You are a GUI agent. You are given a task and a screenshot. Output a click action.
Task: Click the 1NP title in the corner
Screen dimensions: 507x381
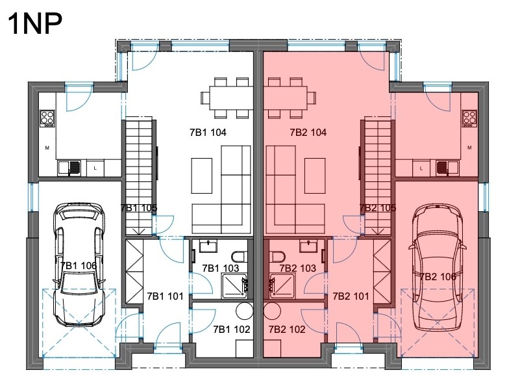coord(34,23)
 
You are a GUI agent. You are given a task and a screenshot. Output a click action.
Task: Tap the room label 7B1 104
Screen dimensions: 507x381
coord(208,132)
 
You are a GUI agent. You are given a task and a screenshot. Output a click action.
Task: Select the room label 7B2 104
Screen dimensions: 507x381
coord(308,132)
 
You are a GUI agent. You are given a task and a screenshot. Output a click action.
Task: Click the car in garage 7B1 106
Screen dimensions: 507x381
coord(79,265)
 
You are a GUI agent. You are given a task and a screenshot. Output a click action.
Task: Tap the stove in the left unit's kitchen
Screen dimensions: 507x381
coord(47,118)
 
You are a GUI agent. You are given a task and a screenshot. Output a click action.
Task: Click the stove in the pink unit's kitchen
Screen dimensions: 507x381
coord(469,118)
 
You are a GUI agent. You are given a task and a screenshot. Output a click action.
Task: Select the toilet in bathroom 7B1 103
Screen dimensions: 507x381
coord(239,256)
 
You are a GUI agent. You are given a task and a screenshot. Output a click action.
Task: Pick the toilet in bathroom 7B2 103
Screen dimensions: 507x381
coord(277,257)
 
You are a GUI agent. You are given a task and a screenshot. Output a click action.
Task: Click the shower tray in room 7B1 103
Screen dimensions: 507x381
coord(234,285)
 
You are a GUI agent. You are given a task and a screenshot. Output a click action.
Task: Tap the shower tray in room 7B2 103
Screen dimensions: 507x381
coord(282,285)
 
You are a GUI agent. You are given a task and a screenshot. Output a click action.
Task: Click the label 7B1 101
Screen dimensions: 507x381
coord(165,296)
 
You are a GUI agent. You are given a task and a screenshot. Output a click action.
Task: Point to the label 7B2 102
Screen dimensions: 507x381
coord(287,329)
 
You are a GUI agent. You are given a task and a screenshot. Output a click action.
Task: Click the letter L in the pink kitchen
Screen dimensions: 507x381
coord(421,168)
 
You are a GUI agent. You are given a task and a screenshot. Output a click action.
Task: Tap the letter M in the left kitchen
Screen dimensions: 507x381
coord(47,148)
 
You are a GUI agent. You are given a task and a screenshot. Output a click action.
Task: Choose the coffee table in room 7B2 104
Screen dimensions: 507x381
coord(315,176)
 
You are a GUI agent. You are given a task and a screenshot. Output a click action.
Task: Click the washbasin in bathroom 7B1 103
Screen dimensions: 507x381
coord(208,246)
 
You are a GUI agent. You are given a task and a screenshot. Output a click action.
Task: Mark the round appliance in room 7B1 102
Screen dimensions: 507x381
coord(245,311)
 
